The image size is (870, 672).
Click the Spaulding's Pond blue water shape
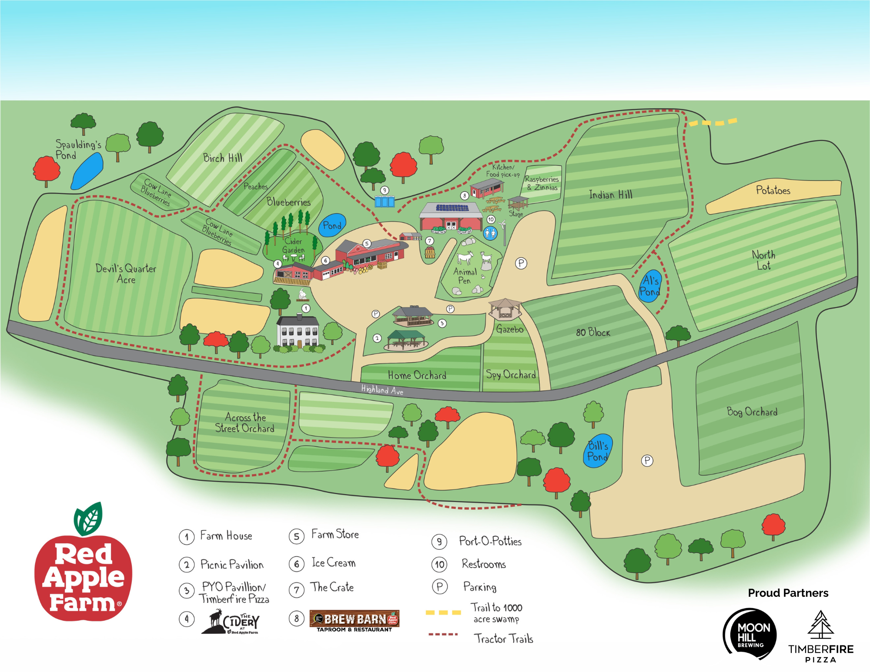coord(87,171)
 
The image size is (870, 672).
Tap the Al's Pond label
coord(650,286)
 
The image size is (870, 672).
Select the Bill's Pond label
coord(598,451)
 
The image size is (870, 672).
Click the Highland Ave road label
coord(382,389)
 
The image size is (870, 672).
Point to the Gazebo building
coord(505,309)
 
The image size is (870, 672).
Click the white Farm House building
coord(298,332)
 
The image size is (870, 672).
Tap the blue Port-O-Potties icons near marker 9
coord(385,201)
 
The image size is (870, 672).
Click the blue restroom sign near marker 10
coord(490,233)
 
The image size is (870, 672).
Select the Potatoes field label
coord(773,190)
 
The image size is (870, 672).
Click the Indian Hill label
coord(610,194)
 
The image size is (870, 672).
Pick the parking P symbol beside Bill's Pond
coord(647,460)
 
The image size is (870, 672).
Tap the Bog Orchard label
coord(752,411)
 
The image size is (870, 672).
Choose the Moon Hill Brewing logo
coord(750,634)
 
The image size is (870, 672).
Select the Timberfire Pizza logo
coord(820,637)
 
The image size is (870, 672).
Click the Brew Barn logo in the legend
coord(354,621)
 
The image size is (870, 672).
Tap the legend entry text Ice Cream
coord(333,563)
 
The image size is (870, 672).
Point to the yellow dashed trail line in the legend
coord(443,612)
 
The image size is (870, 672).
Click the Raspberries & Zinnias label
coord(542,183)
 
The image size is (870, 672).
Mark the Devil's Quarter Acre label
coord(126,274)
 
